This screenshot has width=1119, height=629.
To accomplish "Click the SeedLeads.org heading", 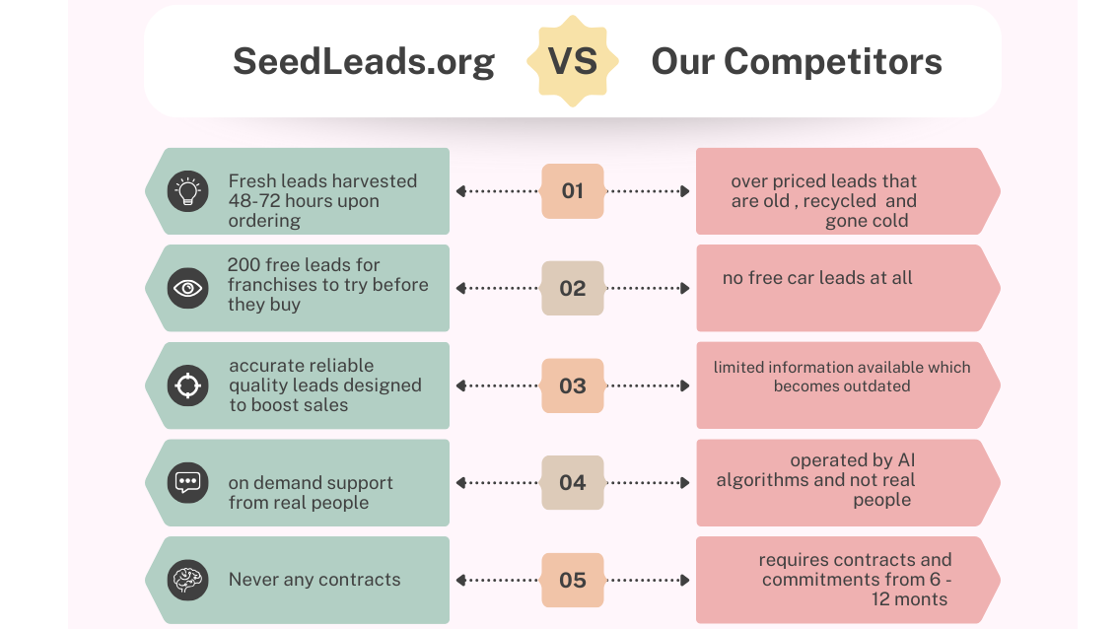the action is pos(363,61).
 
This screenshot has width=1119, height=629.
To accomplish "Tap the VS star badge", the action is pos(573,61).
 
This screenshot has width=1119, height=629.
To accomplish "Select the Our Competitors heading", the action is pos(797,61).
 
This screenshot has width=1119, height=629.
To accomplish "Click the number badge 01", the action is pos(573,191).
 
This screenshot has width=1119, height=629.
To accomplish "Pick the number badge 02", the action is pos(573,289).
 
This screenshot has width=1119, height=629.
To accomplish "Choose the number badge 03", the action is pos(573,385).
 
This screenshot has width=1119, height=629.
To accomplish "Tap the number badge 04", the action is pos(573,483).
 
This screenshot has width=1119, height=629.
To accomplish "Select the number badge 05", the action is pos(573,580).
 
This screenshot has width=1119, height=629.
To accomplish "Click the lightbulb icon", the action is pos(187,191).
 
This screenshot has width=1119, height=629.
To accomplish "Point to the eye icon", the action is pos(187,289).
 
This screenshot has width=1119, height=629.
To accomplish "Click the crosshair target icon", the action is pos(187,385).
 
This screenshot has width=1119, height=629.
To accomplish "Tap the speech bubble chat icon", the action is pos(187,483).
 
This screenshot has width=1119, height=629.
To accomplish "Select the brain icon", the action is pos(187,580).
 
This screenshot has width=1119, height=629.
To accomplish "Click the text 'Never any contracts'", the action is pos(315,580).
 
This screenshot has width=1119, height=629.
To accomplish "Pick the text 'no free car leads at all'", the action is pos(817,278).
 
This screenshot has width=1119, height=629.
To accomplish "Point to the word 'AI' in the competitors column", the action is pos(906,460).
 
